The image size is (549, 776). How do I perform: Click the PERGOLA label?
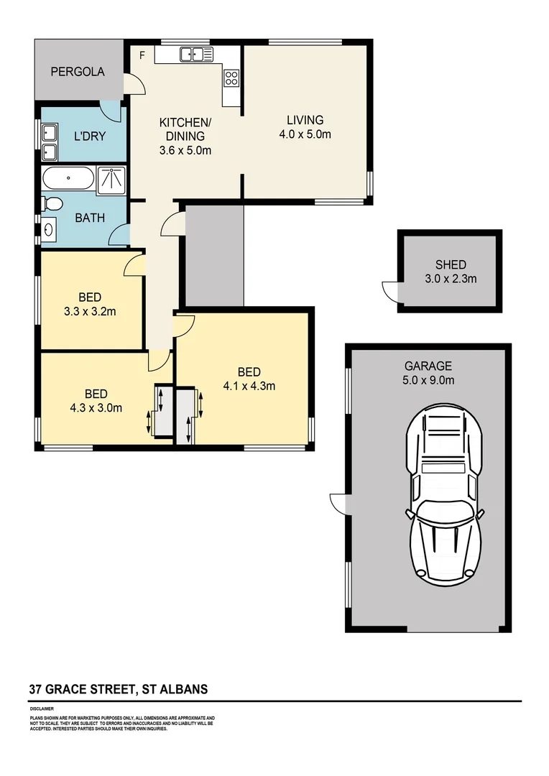point(78,72)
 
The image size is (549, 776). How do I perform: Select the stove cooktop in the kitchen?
point(231,78)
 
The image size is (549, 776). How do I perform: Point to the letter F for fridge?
point(142,55)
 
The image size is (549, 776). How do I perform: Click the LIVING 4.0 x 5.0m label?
point(305,127)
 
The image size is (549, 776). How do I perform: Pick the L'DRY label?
point(90,136)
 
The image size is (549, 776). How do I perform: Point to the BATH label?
point(90,217)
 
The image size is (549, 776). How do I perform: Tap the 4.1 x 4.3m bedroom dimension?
point(249,386)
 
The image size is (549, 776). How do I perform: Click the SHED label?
point(451,264)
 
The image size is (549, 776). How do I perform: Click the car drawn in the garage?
point(443,494)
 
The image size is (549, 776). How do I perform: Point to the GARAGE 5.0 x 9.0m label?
point(428,373)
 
